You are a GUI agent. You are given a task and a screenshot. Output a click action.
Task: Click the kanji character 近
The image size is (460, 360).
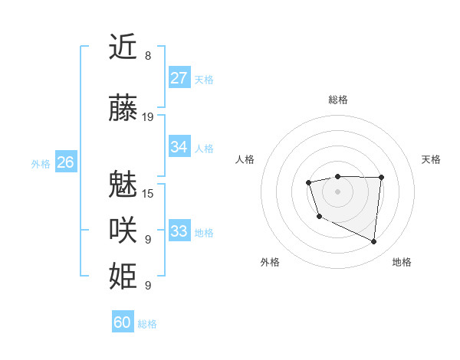(x=123, y=47)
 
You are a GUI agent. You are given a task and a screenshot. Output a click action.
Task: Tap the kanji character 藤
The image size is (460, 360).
(x=123, y=109)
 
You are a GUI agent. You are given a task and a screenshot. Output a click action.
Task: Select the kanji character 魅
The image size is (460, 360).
(x=123, y=184)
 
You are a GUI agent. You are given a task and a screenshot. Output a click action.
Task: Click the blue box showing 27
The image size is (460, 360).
(x=179, y=78)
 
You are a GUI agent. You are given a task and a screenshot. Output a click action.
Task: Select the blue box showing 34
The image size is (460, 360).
(x=179, y=147)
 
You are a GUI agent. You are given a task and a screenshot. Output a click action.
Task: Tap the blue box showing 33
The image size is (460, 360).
(x=179, y=231)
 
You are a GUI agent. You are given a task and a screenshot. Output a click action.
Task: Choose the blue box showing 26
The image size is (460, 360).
(x=65, y=162)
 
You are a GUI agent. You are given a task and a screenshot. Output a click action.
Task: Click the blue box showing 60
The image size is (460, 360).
(x=123, y=322)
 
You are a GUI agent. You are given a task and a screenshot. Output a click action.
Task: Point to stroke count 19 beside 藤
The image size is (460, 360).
(x=148, y=117)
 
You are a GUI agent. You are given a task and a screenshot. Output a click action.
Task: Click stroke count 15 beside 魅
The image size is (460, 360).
(x=148, y=193)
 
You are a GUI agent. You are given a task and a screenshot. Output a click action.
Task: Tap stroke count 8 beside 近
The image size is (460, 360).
(x=147, y=56)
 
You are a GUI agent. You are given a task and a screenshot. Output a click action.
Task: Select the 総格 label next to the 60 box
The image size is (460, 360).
(x=147, y=324)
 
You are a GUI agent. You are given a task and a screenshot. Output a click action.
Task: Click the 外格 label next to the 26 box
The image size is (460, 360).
(x=41, y=164)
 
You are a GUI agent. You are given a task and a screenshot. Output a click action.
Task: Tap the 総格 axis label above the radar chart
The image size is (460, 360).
(x=338, y=100)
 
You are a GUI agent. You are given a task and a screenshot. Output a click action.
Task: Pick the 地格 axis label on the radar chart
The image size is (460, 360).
(x=402, y=262)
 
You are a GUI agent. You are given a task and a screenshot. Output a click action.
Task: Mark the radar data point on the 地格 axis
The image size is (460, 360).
(x=374, y=242)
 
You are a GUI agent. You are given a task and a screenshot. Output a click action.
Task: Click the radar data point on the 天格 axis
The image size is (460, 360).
(x=381, y=178)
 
